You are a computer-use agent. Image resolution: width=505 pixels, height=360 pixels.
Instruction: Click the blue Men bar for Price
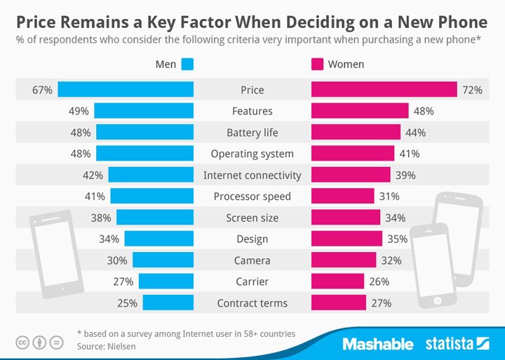pos(126,90)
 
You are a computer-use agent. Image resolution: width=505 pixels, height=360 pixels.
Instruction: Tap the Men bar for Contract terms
pos(168,303)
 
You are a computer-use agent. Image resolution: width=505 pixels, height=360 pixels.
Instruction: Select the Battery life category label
pos(252,133)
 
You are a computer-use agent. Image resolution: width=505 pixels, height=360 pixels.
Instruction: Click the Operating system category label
pos(252,154)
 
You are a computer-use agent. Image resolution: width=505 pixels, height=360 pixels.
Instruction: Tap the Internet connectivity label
pos(252,175)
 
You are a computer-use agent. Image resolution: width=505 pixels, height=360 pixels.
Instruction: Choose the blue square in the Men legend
pos(187,65)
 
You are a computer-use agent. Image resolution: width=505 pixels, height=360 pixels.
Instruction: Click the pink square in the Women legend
pos(317,65)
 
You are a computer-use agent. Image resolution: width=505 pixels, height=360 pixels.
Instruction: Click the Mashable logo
pos(377,344)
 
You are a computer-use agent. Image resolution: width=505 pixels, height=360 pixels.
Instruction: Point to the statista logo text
pos(449,344)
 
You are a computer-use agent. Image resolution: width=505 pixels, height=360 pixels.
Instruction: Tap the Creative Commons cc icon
pos(22,342)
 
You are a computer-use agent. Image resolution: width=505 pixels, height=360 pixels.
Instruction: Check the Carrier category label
pos(252,282)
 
